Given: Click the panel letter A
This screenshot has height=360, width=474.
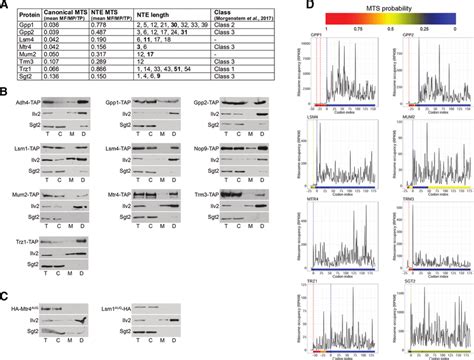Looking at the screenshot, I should click(x=6, y=5).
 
